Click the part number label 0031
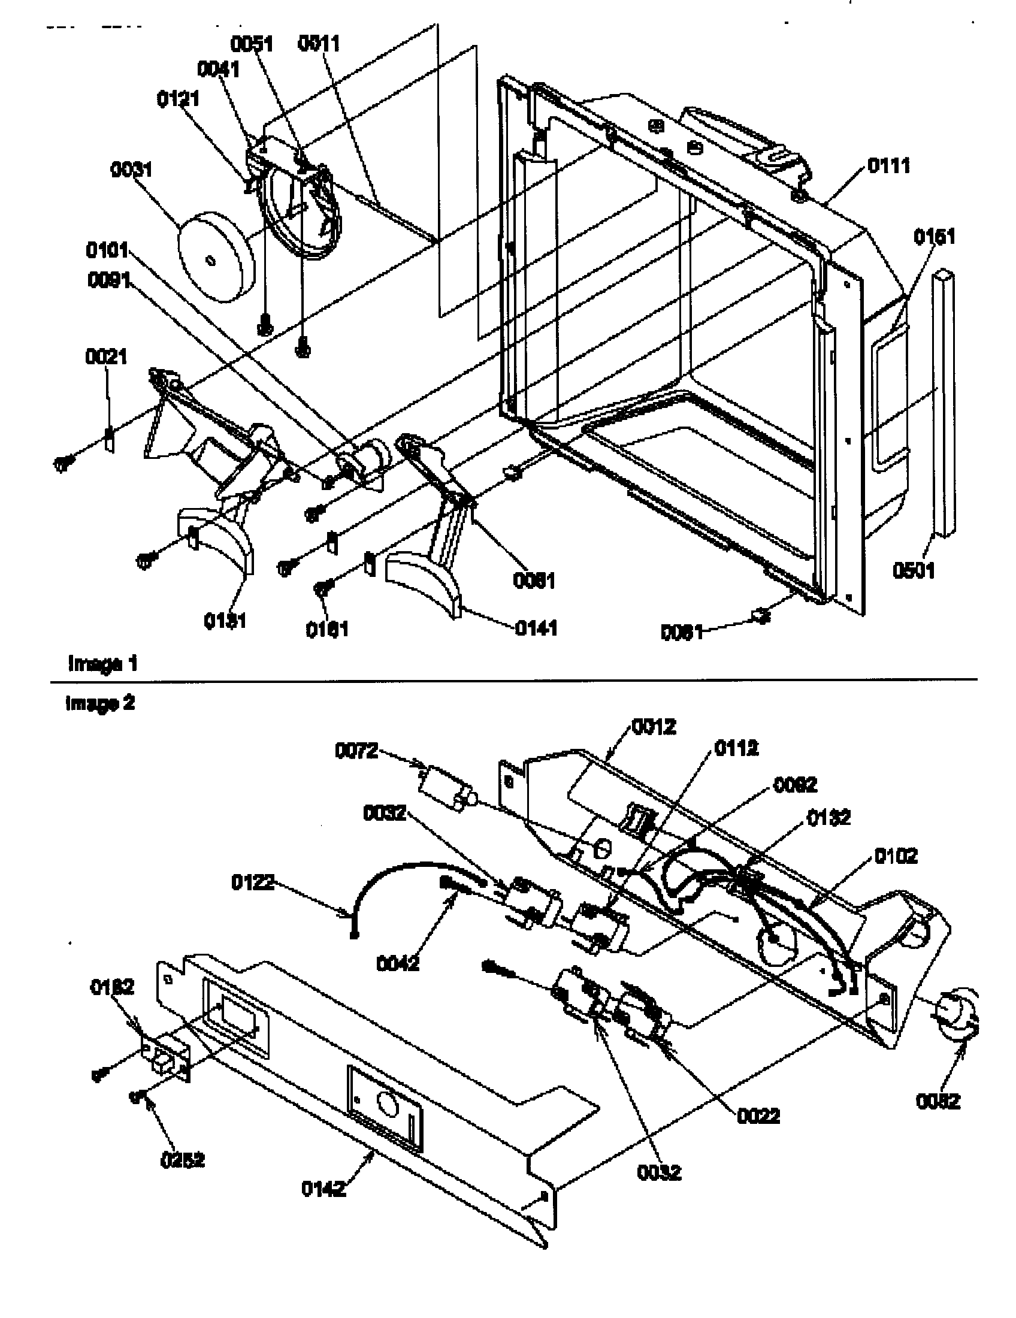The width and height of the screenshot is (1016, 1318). [131, 170]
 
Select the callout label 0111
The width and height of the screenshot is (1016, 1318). [888, 165]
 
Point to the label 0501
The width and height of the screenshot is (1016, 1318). [914, 570]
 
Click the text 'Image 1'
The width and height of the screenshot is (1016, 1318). [102, 664]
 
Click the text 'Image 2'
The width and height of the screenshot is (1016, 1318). [100, 703]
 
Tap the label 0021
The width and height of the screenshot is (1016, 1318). [105, 356]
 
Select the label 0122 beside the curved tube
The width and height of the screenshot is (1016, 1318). [252, 882]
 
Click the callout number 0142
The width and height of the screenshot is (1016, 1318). [323, 1188]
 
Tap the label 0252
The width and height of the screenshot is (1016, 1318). [182, 1159]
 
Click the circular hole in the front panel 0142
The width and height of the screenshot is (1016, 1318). [388, 1105]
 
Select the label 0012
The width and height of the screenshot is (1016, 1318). [654, 727]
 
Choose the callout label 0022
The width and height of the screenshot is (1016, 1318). [758, 1116]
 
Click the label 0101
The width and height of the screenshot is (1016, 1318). [107, 249]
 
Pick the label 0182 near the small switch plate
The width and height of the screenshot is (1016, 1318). [112, 987]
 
